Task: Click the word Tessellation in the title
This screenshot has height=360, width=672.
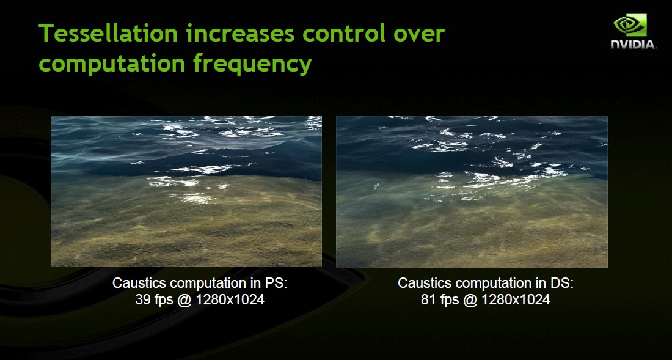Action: tap(108, 33)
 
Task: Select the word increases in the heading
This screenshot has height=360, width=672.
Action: tap(241, 33)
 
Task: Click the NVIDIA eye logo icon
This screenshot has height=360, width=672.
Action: tap(630, 25)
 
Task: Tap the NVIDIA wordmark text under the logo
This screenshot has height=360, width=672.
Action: tap(633, 44)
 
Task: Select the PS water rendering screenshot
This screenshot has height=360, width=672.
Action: tap(186, 191)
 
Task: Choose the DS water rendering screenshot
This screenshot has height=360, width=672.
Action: tap(472, 191)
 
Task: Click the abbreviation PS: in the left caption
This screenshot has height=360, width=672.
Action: tap(276, 283)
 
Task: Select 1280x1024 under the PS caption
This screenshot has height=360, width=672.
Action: tap(230, 299)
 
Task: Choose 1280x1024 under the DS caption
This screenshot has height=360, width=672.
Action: tap(516, 299)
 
